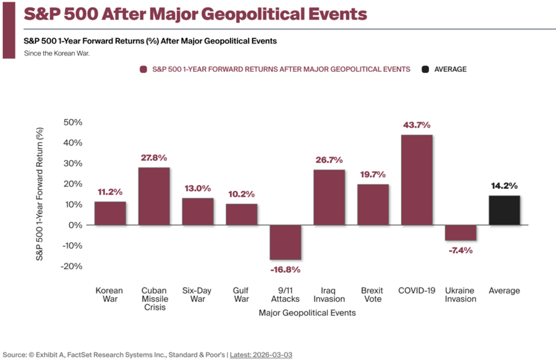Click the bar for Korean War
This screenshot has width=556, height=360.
[110, 213]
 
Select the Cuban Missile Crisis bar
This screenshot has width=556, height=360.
[154, 196]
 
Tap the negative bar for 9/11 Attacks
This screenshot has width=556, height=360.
[285, 242]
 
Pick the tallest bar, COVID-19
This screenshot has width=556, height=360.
[416, 180]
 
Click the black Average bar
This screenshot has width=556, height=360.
[504, 210]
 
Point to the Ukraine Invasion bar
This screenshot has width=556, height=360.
[460, 233]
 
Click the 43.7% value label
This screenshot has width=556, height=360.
[416, 125]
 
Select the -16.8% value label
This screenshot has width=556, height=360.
[285, 269]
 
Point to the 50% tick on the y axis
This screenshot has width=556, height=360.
[72, 122]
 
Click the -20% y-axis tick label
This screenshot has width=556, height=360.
[71, 266]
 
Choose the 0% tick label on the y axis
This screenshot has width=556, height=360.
[75, 225]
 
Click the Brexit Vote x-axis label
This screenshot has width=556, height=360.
[372, 295]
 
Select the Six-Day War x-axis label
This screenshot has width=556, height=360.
[197, 295]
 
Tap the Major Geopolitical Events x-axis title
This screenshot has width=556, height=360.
[307, 312]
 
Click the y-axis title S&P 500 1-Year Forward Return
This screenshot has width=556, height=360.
[40, 196]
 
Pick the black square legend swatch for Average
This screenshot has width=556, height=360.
[425, 70]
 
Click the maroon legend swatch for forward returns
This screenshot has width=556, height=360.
[143, 70]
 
